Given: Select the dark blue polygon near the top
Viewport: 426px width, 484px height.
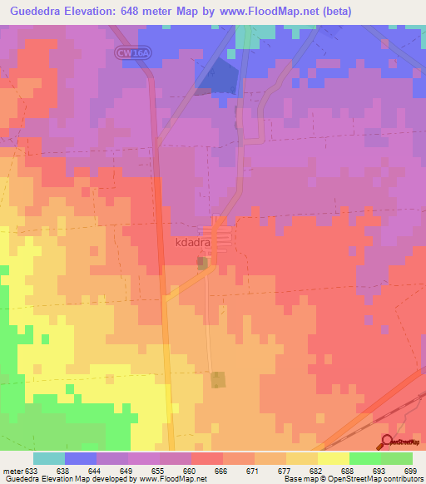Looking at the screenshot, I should (x=218, y=76).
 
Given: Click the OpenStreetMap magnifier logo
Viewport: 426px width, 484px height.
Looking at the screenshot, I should (x=387, y=442).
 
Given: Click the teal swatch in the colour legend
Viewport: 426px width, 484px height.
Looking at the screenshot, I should (x=48, y=458).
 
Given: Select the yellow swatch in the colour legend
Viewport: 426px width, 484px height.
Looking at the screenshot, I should (x=333, y=458).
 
